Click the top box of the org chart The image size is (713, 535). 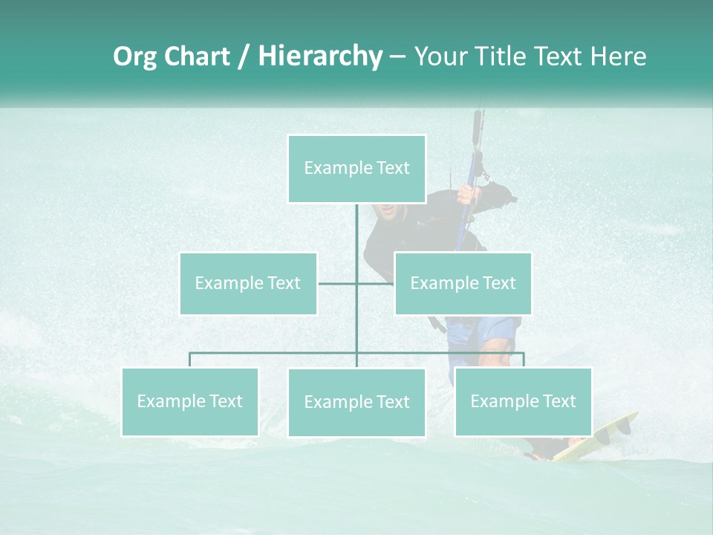point(356,169)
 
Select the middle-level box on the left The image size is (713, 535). point(248,283)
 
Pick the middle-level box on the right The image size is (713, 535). point(463,283)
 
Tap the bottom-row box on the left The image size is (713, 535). point(190,401)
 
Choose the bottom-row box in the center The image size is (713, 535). point(356,402)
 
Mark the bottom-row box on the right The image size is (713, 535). point(523,401)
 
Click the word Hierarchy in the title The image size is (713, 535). point(319,56)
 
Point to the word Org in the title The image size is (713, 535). point(134,56)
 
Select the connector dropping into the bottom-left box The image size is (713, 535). point(190,360)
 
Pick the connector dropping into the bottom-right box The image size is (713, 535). point(523,360)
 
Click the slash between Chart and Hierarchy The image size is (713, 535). point(244,56)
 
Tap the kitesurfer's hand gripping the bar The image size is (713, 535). point(468,195)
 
